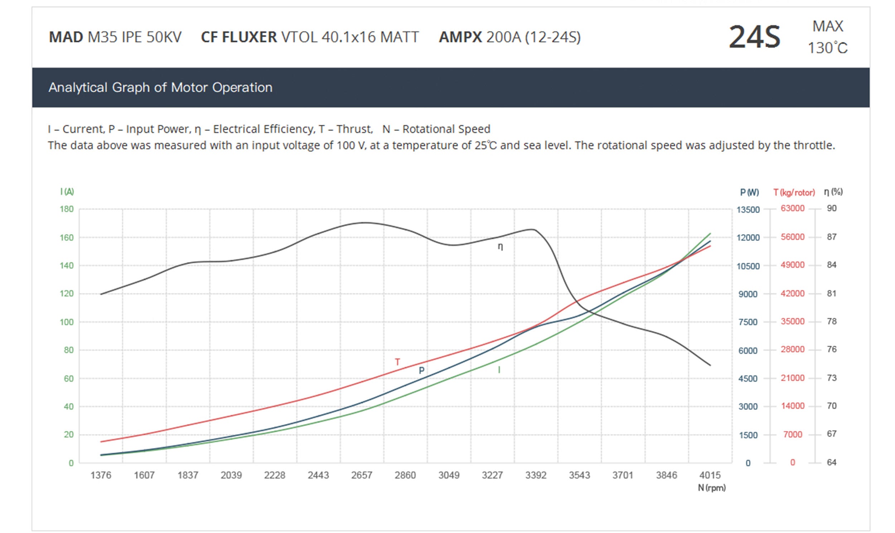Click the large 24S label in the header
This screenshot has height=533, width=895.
point(754,37)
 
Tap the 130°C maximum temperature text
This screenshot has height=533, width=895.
point(827,48)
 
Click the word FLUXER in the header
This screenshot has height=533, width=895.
point(249,37)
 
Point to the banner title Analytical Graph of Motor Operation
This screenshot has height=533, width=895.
point(160,87)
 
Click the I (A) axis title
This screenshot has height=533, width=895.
point(67,192)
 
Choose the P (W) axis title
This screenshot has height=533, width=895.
point(749,193)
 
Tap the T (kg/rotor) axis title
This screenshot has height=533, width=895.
point(794,193)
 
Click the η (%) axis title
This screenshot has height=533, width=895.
point(833,192)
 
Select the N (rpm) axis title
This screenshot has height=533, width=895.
point(712,488)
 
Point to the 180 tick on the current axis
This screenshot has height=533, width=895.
point(67,209)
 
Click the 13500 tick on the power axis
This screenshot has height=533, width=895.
point(748,210)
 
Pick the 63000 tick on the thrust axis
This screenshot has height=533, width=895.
point(793,208)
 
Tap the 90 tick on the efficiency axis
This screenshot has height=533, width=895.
point(832,208)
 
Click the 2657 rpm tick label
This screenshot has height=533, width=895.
point(362,475)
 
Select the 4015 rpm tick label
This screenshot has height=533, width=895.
point(710,475)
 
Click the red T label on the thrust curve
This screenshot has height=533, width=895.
point(397,362)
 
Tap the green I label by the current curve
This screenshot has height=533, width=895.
point(499,370)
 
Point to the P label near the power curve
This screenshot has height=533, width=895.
point(422,370)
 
